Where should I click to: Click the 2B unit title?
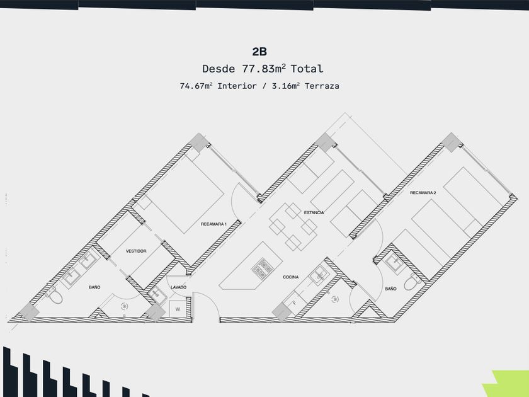tap(259, 52)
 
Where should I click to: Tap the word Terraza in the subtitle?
tap(322, 86)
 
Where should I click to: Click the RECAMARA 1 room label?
tap(213, 224)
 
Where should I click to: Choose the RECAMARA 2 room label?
tap(423, 192)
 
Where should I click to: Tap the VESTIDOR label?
tap(136, 251)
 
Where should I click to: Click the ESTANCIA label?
tap(314, 212)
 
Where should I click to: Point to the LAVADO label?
tap(178, 288)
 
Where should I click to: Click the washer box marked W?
tap(178, 309)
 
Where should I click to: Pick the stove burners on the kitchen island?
tap(259, 269)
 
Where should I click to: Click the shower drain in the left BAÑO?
tap(123, 306)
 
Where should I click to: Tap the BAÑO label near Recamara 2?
tap(390, 289)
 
